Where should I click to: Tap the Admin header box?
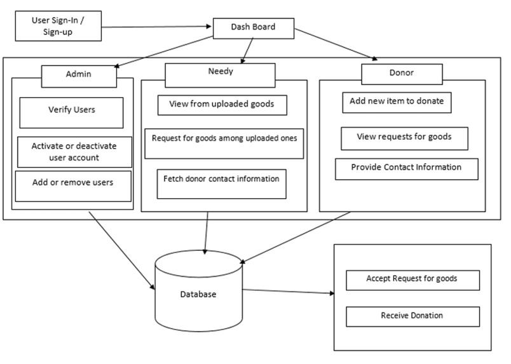click(79, 75)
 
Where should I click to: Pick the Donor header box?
click(402, 73)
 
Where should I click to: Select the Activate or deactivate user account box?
click(74, 152)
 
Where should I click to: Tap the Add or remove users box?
click(73, 184)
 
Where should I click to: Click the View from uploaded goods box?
click(222, 105)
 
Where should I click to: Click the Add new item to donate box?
click(396, 102)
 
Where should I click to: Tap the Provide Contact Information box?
click(405, 168)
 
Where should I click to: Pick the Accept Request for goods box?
click(412, 280)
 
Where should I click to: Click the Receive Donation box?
click(412, 316)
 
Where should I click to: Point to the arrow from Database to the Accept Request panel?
click(288, 292)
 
